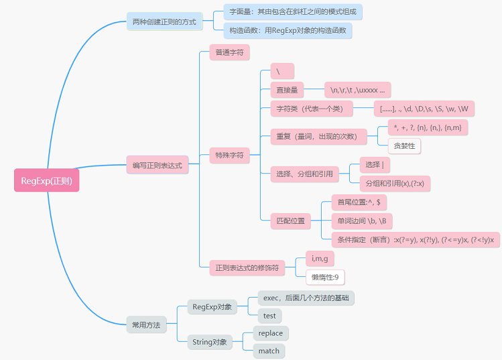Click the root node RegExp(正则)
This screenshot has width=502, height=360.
[46, 180]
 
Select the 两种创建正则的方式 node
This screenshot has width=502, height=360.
[164, 22]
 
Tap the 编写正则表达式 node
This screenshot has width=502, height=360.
[157, 165]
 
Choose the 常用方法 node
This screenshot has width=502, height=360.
[146, 325]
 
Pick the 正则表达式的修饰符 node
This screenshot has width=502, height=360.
[246, 267]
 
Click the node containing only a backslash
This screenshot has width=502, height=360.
[281, 70]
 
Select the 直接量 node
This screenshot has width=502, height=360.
[287, 90]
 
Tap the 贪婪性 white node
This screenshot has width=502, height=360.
[404, 145]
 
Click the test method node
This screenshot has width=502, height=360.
[269, 315]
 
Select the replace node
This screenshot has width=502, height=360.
[270, 333]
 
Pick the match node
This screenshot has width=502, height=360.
[269, 351]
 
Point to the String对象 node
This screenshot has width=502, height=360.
[209, 343]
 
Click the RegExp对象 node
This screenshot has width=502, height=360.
[212, 307]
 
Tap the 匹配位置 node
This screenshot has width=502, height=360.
[290, 220]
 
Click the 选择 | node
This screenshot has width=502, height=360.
[374, 165]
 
